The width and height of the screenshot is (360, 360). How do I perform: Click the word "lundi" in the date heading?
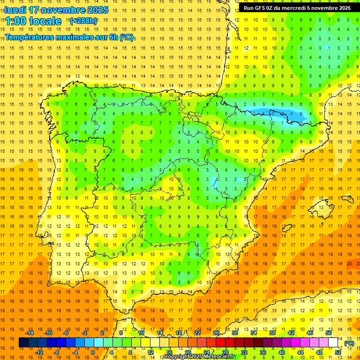[16, 10]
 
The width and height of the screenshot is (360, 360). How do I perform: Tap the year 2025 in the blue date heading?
[97, 10]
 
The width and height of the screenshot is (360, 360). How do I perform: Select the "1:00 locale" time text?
[33, 21]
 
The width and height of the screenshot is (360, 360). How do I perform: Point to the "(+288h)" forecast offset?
[83, 21]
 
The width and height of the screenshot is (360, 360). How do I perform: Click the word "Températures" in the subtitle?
[30, 37]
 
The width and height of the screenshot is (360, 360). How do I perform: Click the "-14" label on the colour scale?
[30, 333]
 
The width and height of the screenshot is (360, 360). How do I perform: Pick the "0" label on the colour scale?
[92, 352]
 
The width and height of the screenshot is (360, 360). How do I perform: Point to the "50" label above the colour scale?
[328, 333]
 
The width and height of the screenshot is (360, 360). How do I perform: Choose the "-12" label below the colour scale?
[39, 352]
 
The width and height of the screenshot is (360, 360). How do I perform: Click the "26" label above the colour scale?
[216, 333]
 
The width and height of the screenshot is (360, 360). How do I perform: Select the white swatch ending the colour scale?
[333, 343]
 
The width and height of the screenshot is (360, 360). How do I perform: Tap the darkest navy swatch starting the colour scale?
[23, 343]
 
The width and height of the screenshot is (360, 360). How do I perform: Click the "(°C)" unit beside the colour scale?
[349, 343]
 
